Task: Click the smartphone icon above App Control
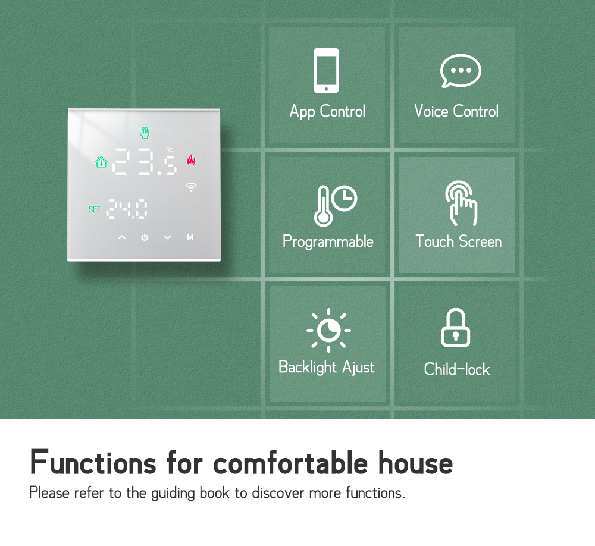pyautogui.click(x=326, y=70)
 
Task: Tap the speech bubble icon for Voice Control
pyautogui.click(x=461, y=71)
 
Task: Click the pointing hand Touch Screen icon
pyautogui.click(x=462, y=203)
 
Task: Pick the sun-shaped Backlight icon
pyautogui.click(x=328, y=330)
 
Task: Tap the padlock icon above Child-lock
pyautogui.click(x=456, y=328)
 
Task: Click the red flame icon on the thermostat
pyautogui.click(x=191, y=160)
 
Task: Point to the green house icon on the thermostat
pyautogui.click(x=101, y=162)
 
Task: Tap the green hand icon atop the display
pyautogui.click(x=145, y=133)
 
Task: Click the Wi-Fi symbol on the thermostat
pyautogui.click(x=191, y=187)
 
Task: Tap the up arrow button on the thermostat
pyautogui.click(x=122, y=237)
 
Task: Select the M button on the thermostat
pyautogui.click(x=190, y=237)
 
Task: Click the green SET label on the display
pyautogui.click(x=95, y=209)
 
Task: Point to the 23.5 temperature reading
pyautogui.click(x=145, y=162)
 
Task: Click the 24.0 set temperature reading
pyautogui.click(x=127, y=209)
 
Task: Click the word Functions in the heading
pyautogui.click(x=93, y=462)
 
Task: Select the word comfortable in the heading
pyautogui.click(x=291, y=463)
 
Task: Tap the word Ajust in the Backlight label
pyautogui.click(x=359, y=368)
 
